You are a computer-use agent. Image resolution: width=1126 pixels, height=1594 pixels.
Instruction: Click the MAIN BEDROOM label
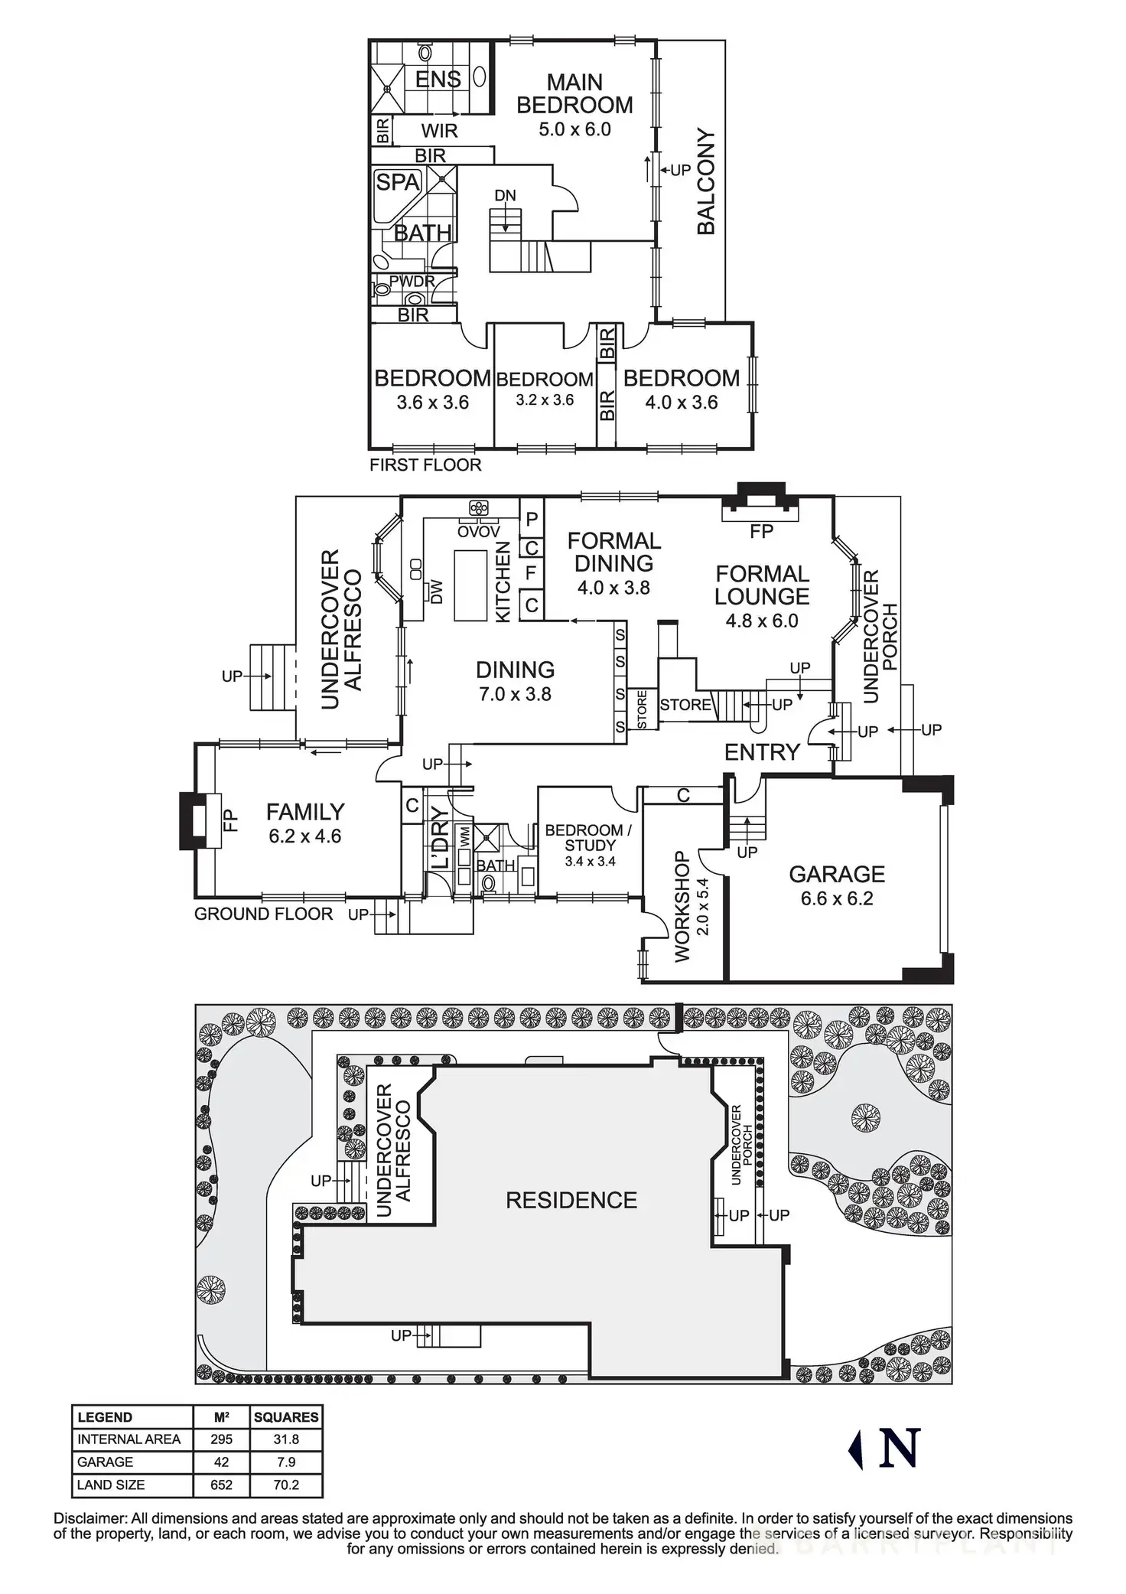pos(574,93)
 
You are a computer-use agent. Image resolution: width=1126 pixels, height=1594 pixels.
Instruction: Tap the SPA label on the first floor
pos(398,182)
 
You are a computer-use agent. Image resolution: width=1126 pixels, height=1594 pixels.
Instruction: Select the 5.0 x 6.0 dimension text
pos(574,129)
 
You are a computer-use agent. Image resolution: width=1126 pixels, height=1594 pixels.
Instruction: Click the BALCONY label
pos(706,182)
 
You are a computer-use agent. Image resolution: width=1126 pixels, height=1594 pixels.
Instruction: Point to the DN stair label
pos(505,196)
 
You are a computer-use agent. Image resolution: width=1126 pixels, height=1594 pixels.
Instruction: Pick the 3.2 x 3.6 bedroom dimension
pos(545,400)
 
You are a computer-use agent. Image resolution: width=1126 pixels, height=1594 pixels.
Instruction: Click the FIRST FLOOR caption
pos(425,465)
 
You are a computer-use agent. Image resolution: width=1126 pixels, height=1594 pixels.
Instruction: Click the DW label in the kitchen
pos(437,592)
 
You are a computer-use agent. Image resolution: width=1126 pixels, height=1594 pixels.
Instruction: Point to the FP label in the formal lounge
pos(762,531)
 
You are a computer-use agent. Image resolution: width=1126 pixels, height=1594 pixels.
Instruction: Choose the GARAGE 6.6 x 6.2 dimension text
pos(837,898)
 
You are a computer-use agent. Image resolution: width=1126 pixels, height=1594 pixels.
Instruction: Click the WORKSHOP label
pos(683,906)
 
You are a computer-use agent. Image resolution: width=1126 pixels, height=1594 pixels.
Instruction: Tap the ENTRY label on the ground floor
pos(762,752)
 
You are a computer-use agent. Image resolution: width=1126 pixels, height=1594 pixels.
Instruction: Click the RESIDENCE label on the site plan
pos(571,1200)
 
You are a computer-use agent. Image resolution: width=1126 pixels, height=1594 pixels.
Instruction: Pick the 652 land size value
pos(222,1485)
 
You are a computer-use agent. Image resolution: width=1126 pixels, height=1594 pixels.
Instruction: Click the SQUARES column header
pos(286,1417)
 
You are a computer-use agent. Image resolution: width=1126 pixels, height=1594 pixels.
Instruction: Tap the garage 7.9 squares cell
pos(286,1462)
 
